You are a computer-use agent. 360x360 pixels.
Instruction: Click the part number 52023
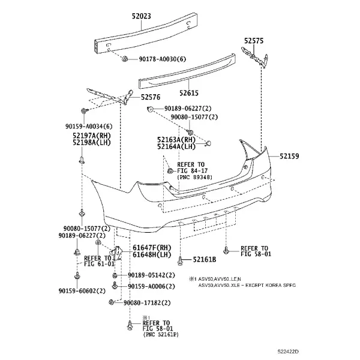142,16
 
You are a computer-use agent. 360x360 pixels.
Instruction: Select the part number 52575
254,41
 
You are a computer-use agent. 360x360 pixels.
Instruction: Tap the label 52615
189,93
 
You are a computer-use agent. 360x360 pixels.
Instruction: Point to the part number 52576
151,97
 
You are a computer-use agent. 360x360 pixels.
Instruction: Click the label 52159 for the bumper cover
289,157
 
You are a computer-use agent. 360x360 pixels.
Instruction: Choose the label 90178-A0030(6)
163,59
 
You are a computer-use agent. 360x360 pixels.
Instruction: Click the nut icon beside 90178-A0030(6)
124,59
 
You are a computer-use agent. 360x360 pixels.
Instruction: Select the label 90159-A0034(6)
89,126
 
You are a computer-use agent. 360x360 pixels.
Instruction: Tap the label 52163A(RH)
176,140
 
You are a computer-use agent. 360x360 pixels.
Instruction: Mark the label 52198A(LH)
92,143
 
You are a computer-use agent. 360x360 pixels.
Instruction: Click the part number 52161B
205,259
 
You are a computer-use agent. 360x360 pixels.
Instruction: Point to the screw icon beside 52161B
181,261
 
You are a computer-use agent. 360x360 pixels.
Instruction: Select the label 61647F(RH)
152,248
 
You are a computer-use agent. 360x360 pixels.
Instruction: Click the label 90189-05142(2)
151,275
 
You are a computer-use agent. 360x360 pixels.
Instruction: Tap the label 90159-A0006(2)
151,286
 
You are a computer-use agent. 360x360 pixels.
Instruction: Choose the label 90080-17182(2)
147,303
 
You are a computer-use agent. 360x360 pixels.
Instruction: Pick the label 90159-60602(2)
82,291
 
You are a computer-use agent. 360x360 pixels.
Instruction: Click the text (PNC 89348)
194,177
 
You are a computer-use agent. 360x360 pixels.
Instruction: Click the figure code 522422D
288,352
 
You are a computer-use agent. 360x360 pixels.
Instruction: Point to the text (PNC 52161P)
161,335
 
